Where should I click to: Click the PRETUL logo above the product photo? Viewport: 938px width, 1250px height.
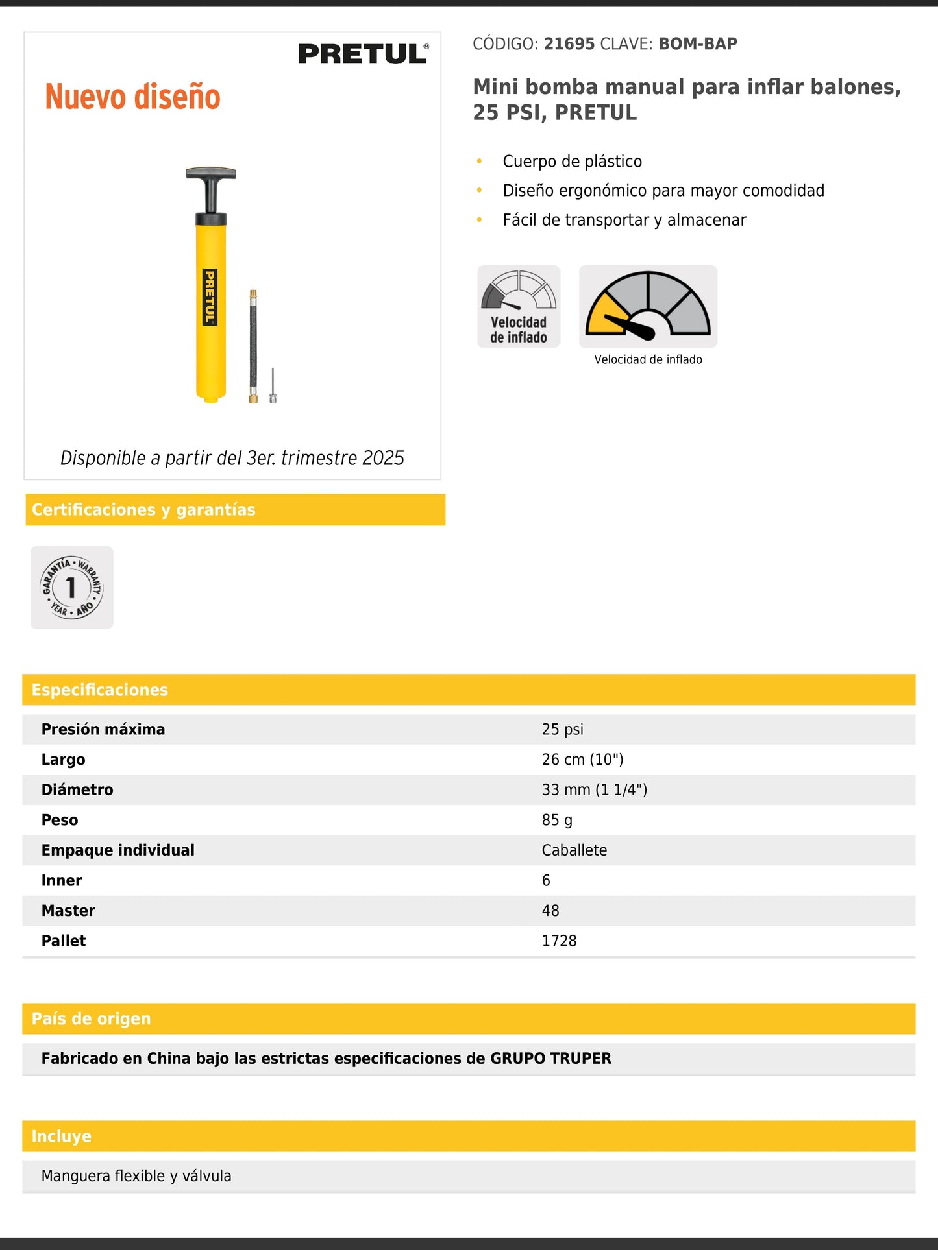pyautogui.click(x=363, y=54)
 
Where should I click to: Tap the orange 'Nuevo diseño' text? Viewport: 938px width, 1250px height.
pyautogui.click(x=132, y=97)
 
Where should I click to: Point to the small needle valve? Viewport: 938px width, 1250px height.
pyautogui.click(x=273, y=386)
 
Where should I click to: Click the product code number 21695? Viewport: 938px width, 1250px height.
pyautogui.click(x=569, y=44)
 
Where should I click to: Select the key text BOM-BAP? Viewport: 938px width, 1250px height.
pyautogui.click(x=698, y=44)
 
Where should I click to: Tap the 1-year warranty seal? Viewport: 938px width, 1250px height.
pyautogui.click(x=72, y=587)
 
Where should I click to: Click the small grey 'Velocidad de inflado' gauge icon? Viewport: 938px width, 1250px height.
pyautogui.click(x=519, y=306)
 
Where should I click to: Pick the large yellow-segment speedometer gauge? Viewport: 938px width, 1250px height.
pyautogui.click(x=648, y=306)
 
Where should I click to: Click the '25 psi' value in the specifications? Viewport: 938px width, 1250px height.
pyautogui.click(x=562, y=729)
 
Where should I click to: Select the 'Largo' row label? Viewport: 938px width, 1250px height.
pyautogui.click(x=63, y=760)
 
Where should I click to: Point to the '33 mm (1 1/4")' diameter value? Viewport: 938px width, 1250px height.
pyautogui.click(x=594, y=789)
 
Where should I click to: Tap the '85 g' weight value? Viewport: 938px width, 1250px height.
pyautogui.click(x=557, y=820)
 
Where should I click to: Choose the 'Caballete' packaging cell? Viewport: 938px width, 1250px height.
pyautogui.click(x=574, y=850)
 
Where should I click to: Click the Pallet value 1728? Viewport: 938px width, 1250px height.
pyautogui.click(x=559, y=941)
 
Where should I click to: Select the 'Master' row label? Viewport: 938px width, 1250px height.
pyautogui.click(x=68, y=911)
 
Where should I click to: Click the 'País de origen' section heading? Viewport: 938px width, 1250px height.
pyautogui.click(x=91, y=1018)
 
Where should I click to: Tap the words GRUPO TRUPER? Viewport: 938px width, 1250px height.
pyautogui.click(x=550, y=1058)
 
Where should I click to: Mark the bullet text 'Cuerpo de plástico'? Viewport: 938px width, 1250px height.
pyautogui.click(x=572, y=162)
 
